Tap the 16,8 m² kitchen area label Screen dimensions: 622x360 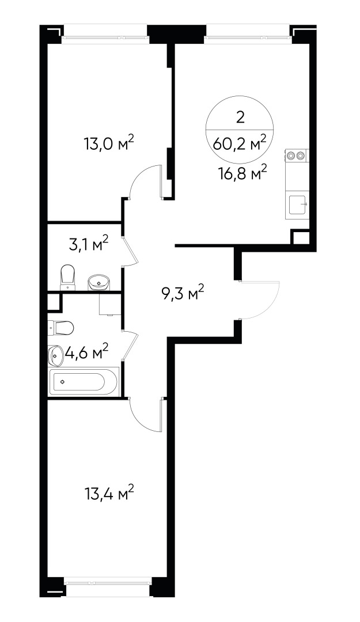pyautogui.click(x=241, y=172)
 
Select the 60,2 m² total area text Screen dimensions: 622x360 pyautogui.click(x=240, y=143)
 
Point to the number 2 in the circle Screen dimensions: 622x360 pyautogui.click(x=240, y=117)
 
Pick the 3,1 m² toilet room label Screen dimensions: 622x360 pyautogui.click(x=88, y=246)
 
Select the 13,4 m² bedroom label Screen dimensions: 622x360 pyautogui.click(x=109, y=493)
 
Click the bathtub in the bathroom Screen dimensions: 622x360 pyautogui.click(x=85, y=381)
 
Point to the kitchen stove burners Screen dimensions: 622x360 pyautogui.click(x=297, y=155)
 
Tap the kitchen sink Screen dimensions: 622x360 pyautogui.click(x=298, y=204)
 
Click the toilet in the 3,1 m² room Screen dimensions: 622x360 pyautogui.click(x=68, y=277)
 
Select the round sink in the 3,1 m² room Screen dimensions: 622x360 pyautogui.click(x=98, y=282)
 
